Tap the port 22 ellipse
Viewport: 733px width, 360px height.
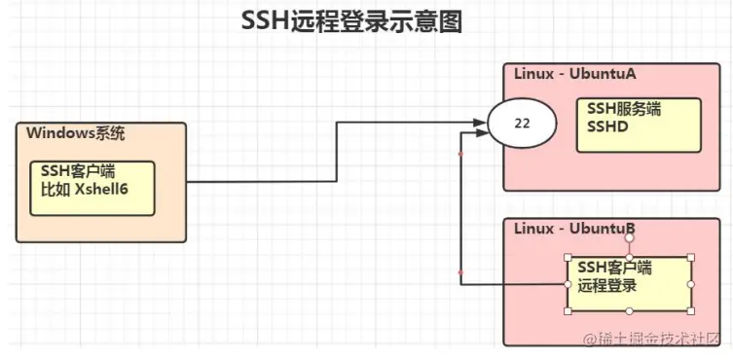(521, 124)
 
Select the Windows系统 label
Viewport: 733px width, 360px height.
(76, 134)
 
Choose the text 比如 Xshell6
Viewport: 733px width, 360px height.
(85, 189)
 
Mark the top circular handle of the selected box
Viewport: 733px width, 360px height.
(630, 255)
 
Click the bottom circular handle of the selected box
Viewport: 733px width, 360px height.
(630, 311)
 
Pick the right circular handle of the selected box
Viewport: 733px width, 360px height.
(691, 283)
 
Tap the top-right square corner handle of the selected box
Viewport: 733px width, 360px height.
(691, 256)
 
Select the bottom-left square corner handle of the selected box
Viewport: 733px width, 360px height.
(568, 310)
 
